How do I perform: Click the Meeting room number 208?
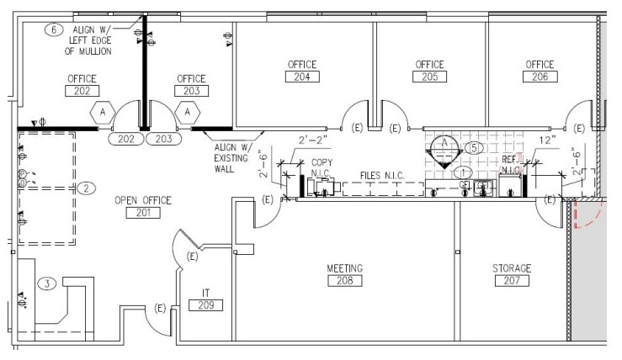coord(344,282)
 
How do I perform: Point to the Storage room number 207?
coord(512,282)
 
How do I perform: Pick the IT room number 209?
coord(205,305)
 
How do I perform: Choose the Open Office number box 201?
coord(142,213)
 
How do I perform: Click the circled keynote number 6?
coord(55,29)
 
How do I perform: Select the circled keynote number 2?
coord(87,188)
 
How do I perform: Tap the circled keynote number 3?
coord(49,283)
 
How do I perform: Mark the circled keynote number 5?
coord(475,147)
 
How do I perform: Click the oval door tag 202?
coord(126,138)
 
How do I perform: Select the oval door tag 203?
coord(163,138)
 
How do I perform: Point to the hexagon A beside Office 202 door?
coord(102,111)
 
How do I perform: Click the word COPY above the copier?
coord(322,162)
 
